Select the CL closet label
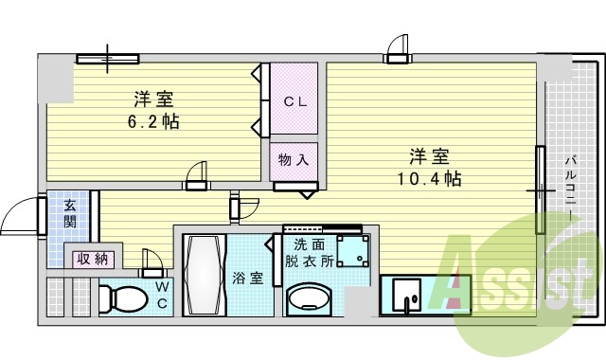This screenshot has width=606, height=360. pos(294,101)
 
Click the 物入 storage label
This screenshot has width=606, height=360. pos(294,160)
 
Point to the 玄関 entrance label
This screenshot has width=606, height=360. pos(71,214)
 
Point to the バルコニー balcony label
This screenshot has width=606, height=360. pos(571,186)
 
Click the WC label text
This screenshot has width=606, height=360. pos(162,294)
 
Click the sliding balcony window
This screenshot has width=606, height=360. pos(540,189)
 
